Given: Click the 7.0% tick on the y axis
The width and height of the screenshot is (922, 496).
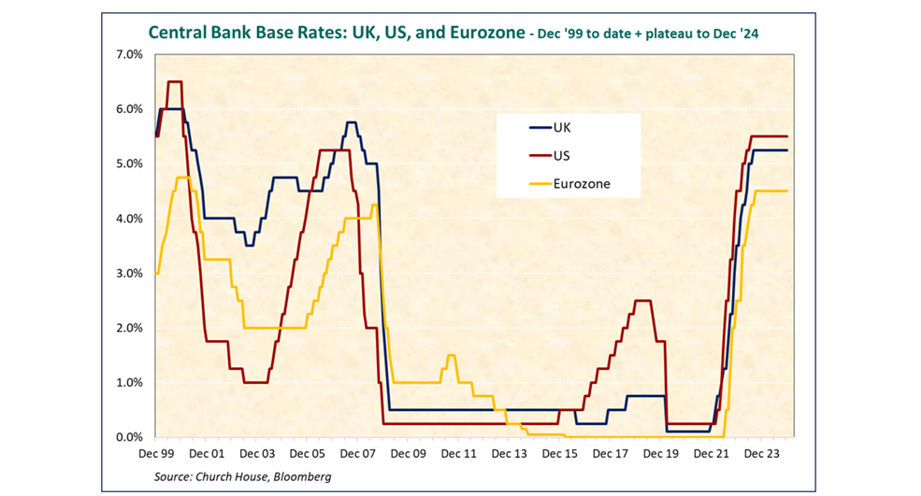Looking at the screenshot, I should coord(129,54).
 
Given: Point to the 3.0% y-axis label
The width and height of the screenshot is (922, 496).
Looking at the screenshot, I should coord(129,274).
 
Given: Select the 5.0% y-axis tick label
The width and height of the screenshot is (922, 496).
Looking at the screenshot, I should coord(129,163).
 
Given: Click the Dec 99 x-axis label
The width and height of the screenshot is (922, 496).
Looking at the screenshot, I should coord(156,454).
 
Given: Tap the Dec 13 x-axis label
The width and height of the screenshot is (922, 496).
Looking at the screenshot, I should coord(510,454).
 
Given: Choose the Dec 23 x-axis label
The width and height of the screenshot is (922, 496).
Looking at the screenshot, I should coord(762,454).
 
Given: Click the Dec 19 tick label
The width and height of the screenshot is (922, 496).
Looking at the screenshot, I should coord(661,454).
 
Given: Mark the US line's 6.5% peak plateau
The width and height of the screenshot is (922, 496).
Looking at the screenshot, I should coord(174,82).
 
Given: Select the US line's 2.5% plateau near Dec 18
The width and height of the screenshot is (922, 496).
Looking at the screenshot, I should coord(642,301).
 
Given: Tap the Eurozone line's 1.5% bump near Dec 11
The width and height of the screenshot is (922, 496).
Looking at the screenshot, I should coord(452,356).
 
